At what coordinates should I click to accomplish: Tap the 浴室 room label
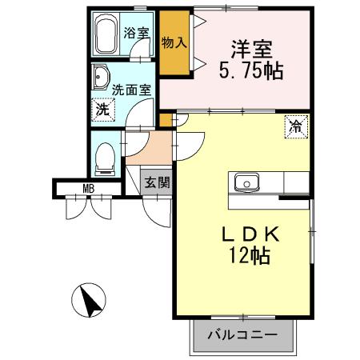click(137, 33)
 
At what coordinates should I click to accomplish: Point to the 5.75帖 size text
click(250, 70)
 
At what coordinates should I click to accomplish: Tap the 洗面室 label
click(131, 90)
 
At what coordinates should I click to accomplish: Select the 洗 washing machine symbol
click(102, 110)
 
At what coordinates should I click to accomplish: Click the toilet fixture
click(105, 158)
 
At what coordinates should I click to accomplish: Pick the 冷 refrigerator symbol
click(295, 126)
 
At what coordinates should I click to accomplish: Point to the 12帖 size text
click(249, 256)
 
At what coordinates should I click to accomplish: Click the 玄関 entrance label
click(157, 182)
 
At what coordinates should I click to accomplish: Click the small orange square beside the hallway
click(166, 120)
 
